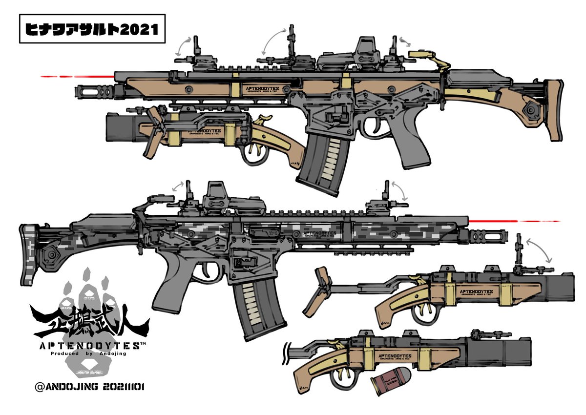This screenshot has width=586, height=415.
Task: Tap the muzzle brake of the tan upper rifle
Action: pos(95,91)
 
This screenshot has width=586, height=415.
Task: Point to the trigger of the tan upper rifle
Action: pos(379,128)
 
